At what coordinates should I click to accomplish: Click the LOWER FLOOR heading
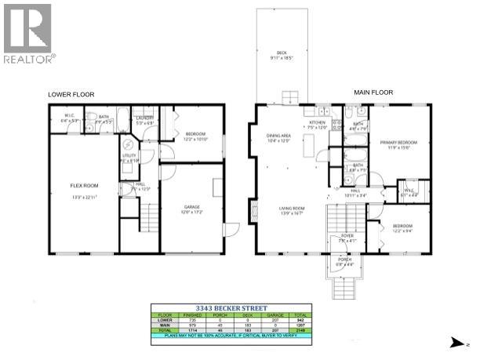tap(71, 95)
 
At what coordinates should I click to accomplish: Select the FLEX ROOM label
tap(82, 185)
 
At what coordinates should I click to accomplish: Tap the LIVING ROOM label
tap(291, 209)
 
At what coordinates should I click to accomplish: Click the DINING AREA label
tap(279, 138)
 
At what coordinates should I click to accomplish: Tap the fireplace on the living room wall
tap(253, 209)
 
